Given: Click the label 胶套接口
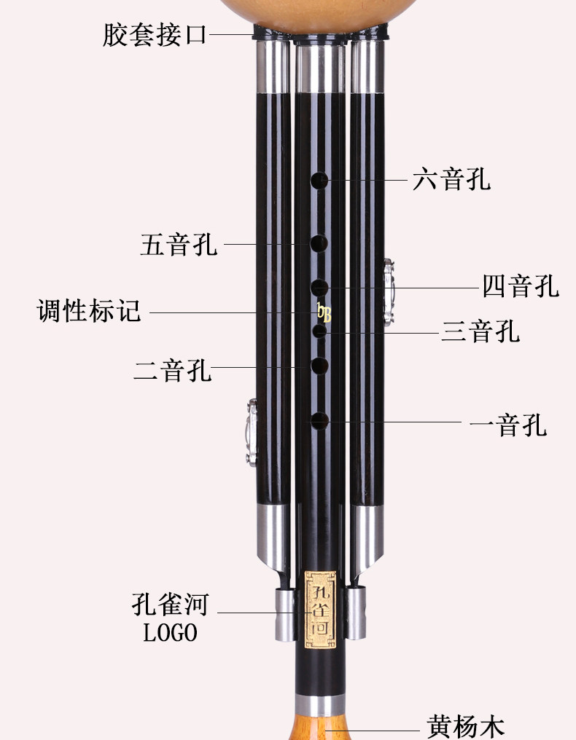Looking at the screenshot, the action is pos(155,34).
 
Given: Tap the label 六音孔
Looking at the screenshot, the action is pos(451,178).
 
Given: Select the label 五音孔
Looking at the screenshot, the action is pos(179,244).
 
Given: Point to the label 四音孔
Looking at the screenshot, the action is pos(521,286).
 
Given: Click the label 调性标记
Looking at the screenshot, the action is pos(89,311).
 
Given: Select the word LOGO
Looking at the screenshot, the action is pos(170,633).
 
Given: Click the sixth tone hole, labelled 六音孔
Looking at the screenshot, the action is pos(319,180).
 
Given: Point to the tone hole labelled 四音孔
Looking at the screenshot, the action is pos(319,287).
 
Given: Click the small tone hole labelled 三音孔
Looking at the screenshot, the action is pos(319,332).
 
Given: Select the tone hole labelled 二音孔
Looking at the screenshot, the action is pos(319,366).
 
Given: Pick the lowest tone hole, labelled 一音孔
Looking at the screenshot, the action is pos(319,420).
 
